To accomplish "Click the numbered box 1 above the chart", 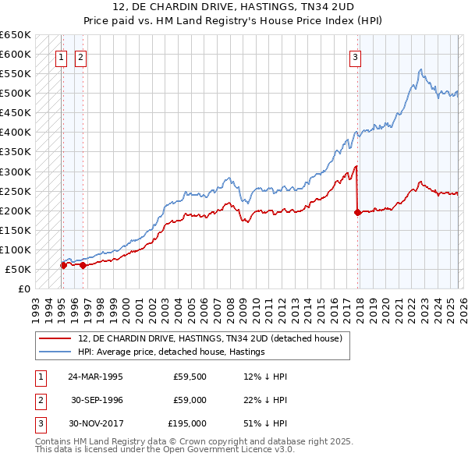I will [62, 56].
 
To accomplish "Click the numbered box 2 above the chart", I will [81, 56].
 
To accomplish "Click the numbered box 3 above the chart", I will [355, 56].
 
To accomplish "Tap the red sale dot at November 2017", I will [357, 212].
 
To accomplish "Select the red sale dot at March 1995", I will [63, 265].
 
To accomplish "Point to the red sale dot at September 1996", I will [83, 265].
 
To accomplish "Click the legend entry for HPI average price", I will [171, 352].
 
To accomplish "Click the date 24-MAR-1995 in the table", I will [95, 376].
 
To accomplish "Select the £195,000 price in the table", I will [187, 423].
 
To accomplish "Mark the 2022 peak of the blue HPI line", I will [420, 69].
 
